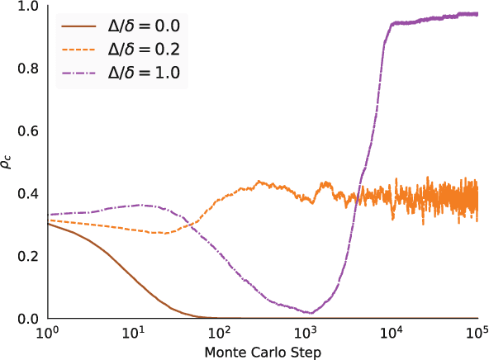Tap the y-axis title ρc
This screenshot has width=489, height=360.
pyautogui.click(x=9, y=163)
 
